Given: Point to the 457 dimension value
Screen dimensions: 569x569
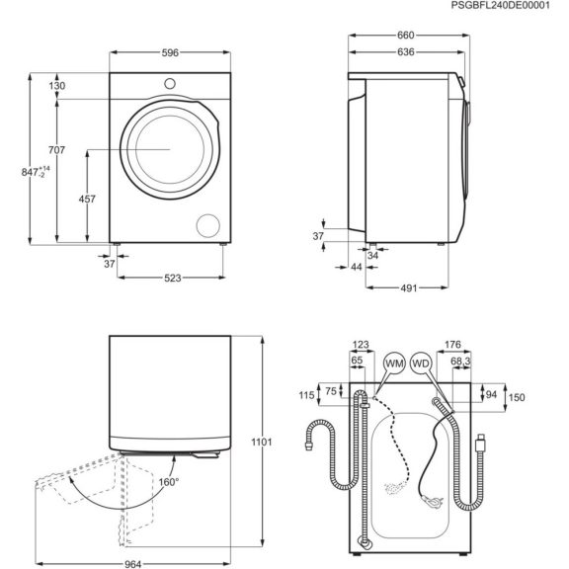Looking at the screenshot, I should [87, 200].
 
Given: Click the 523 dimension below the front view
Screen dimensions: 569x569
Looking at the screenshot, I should [173, 279].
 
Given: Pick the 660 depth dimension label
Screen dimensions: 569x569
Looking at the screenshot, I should [406, 36].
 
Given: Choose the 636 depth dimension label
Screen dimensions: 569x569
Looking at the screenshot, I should [406, 54].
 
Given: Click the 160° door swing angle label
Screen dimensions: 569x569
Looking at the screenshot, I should [169, 482].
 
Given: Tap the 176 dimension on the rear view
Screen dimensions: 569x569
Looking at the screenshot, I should [453, 345].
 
